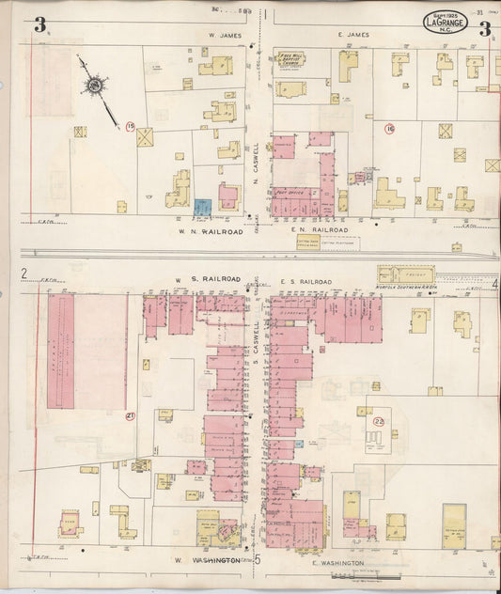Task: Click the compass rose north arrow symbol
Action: click(x=95, y=86)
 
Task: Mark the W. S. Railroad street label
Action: click(x=211, y=279)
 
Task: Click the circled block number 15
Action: click(x=131, y=126)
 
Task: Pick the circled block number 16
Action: click(x=389, y=129)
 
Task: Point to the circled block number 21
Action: click(x=131, y=416)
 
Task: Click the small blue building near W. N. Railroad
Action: click(x=202, y=205)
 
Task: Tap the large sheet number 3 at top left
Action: click(x=39, y=25)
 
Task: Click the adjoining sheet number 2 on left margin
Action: click(x=24, y=274)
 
